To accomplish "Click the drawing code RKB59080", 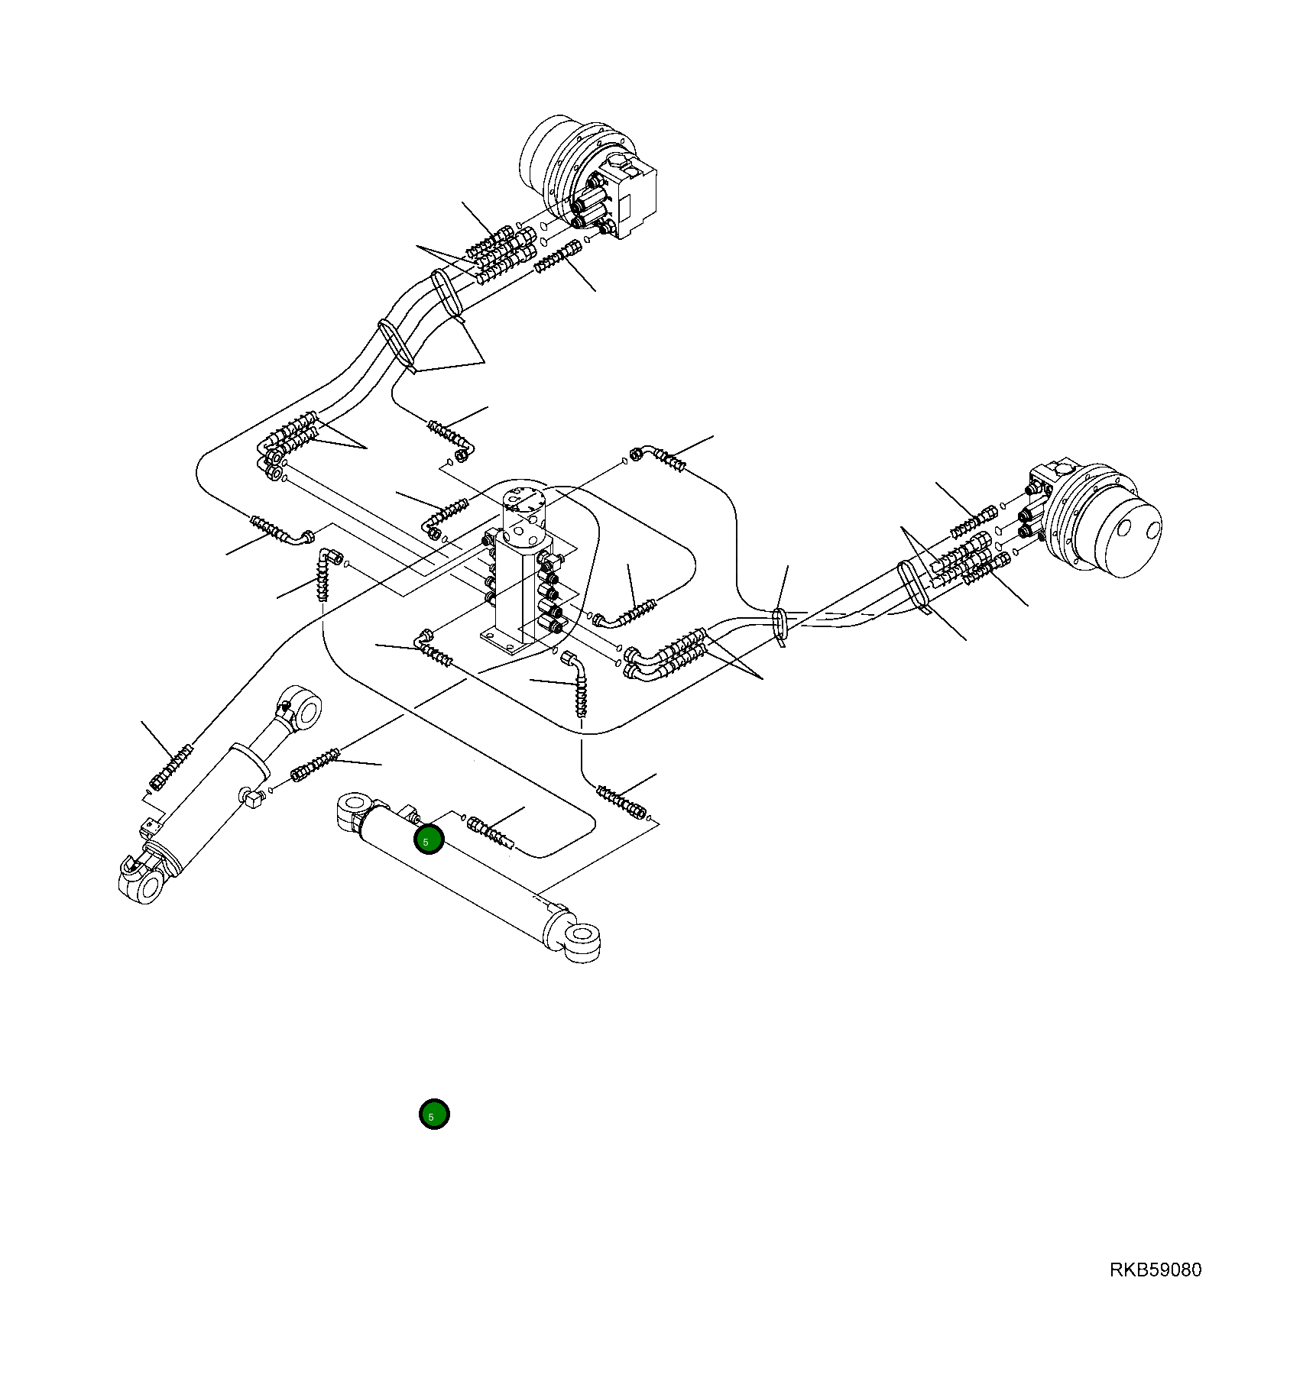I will tap(1155, 1270).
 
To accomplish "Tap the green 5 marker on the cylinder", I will tap(429, 840).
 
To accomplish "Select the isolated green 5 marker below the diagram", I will tap(433, 1114).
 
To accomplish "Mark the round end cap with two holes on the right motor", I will tap(1128, 532).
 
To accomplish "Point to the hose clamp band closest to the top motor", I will tap(448, 291).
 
